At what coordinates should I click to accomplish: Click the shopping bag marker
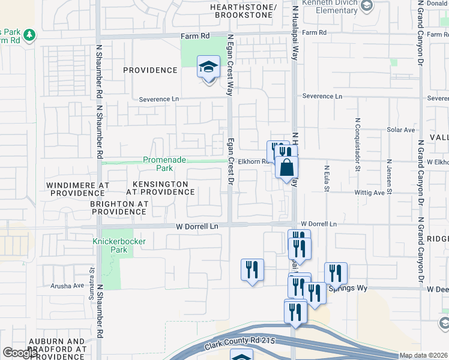[287, 167]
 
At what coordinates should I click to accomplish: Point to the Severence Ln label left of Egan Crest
[159, 99]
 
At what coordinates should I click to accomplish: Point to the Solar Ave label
[401, 130]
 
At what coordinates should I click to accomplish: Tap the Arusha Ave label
[68, 286]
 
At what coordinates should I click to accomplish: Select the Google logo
[20, 353]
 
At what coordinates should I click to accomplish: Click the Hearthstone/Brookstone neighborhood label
[244, 10]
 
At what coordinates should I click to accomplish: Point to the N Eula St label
[328, 179]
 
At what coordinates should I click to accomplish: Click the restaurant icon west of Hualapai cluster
[252, 269]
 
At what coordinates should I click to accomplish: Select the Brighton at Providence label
[119, 208]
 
